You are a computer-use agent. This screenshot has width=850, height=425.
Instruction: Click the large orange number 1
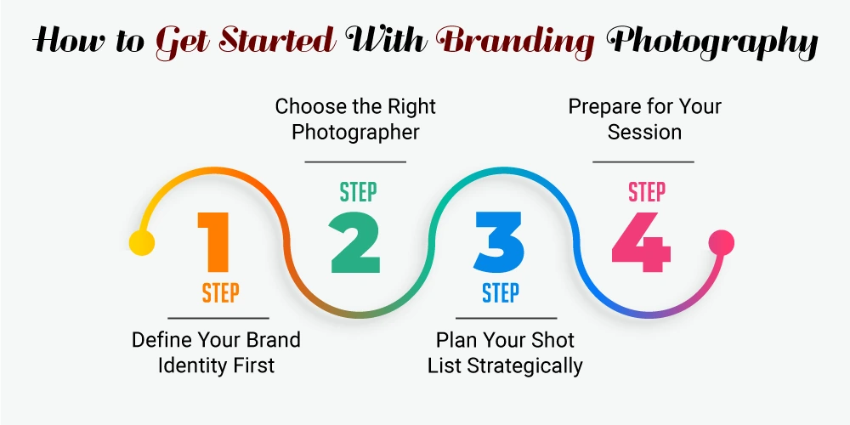click(214, 241)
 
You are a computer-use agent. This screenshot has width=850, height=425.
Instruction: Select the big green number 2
click(355, 241)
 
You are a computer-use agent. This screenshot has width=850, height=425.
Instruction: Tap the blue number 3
click(499, 241)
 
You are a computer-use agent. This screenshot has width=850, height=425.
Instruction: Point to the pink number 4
click(641, 241)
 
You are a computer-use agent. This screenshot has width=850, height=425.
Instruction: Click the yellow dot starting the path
click(142, 241)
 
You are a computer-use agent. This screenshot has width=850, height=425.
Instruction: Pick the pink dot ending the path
click(722, 241)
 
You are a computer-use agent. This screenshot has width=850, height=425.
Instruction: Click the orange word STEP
click(221, 292)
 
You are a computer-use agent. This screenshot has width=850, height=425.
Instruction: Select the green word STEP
click(359, 192)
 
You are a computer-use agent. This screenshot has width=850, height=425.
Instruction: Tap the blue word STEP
click(501, 292)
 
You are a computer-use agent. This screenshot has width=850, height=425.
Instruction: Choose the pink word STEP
click(646, 192)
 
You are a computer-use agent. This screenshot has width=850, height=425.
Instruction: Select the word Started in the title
click(280, 41)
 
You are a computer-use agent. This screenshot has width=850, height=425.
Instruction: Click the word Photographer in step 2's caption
click(355, 133)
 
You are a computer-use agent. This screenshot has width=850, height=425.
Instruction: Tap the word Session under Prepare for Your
click(644, 133)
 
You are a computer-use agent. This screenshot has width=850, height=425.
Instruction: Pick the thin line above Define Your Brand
click(218, 318)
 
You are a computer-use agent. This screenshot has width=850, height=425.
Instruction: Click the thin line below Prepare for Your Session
click(643, 161)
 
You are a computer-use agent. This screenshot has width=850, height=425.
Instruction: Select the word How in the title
click(65, 41)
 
